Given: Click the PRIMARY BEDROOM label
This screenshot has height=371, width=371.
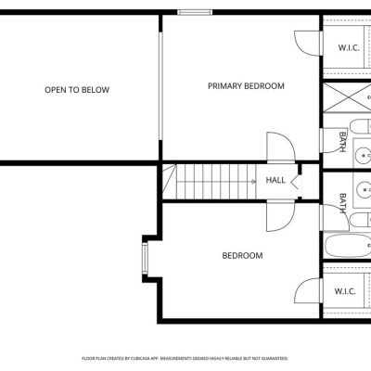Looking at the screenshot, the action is point(246,86).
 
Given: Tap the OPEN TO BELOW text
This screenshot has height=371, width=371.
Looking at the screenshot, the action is point(77,90).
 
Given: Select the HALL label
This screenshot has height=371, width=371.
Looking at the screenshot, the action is point(275,180).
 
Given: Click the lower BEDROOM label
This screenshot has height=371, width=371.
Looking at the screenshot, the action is point(242,256).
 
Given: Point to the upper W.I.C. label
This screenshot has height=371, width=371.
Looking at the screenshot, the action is point(349,48).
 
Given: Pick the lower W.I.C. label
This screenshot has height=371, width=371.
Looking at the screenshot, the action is point(345,291).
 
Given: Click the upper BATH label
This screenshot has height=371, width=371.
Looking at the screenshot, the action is point(342,142).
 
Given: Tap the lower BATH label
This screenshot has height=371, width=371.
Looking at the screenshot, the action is point(342,203).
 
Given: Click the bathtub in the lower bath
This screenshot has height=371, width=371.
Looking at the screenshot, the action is point(348,246).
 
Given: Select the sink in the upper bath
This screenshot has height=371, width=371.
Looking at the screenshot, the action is point(363,154).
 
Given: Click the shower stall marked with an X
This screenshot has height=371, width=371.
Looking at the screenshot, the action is point(347,97).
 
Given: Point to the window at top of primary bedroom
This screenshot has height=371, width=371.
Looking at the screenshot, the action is point(195,12).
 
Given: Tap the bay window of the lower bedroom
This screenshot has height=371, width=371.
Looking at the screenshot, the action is point(145,257).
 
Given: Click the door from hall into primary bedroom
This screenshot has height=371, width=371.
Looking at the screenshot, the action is point(281,147).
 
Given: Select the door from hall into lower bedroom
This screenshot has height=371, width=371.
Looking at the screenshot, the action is point(281,216).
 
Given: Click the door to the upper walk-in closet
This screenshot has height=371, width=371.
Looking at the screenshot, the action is point(309,44).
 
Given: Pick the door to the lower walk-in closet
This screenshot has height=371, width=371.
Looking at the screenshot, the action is point(309,290).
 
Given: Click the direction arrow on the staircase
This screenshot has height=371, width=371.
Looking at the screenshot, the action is point(254,182).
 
